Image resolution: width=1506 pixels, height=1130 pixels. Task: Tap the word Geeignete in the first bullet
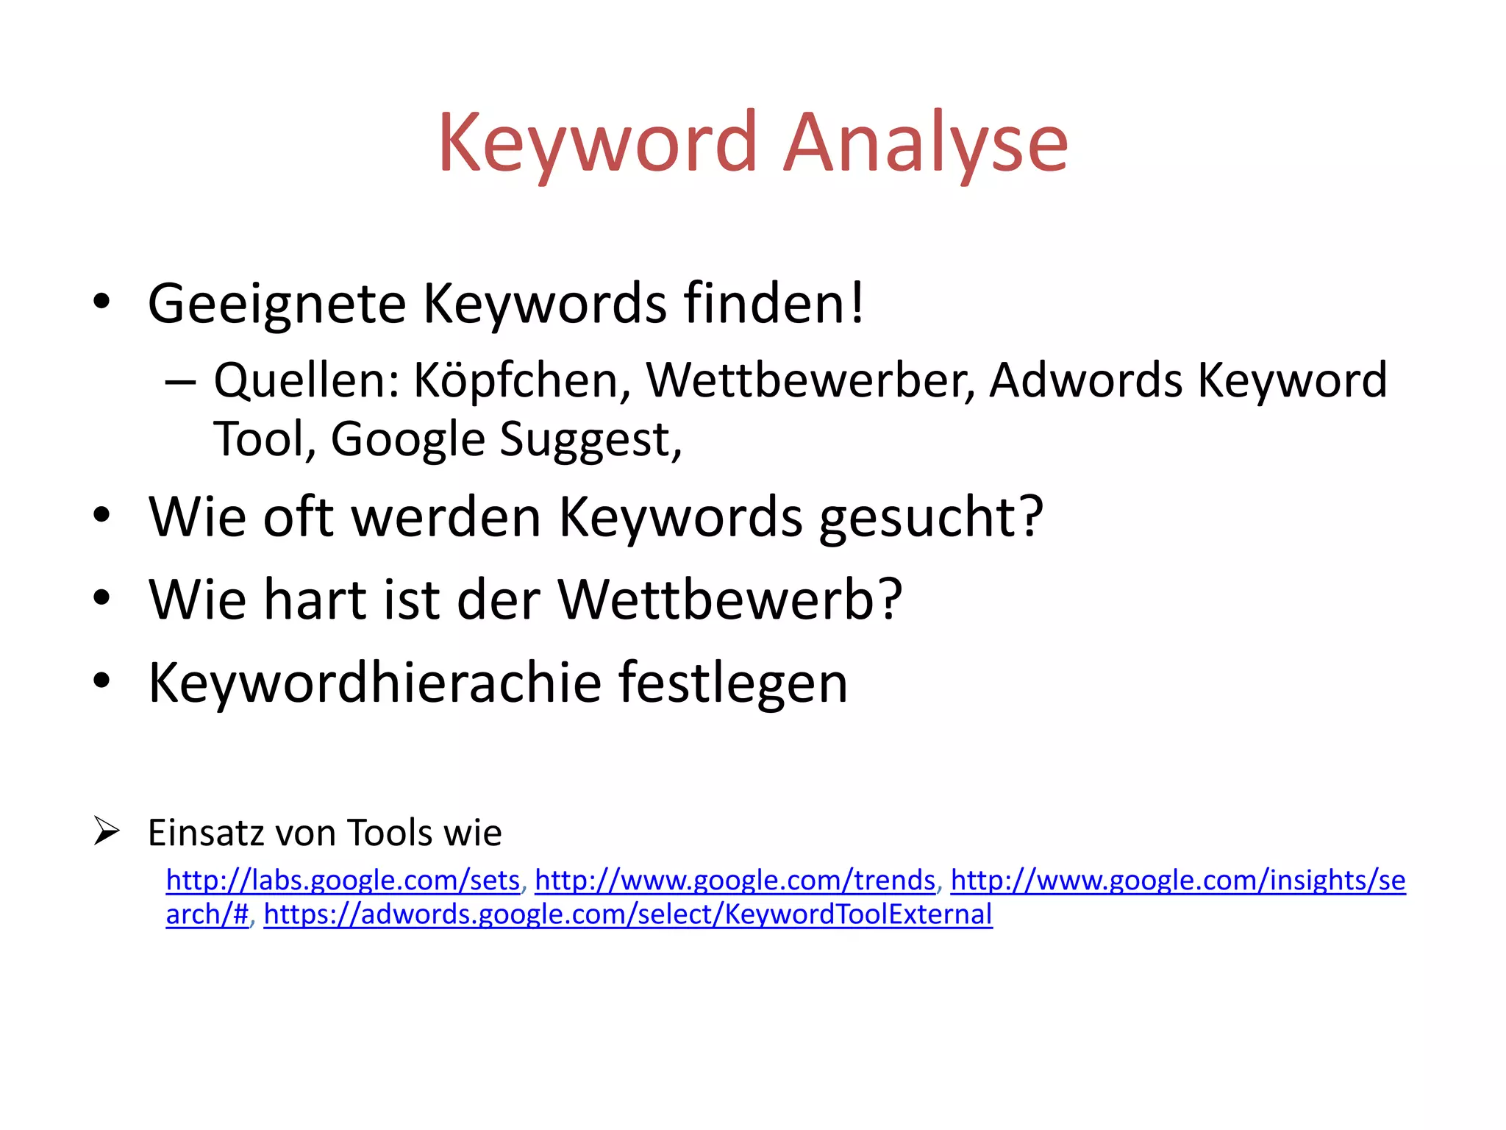276,303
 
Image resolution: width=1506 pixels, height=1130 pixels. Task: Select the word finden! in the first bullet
774,303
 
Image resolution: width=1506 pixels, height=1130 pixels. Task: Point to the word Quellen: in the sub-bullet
307,381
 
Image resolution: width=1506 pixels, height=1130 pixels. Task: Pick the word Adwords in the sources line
1085,381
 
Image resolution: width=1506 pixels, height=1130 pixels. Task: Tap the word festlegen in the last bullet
732,683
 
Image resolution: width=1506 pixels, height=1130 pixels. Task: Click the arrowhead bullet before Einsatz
107,831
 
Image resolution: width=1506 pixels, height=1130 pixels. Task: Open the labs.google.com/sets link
343,880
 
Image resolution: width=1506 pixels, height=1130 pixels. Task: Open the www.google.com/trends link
735,880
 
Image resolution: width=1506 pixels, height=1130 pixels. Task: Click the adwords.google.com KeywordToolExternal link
627,914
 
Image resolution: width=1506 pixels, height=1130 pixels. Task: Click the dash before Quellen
180,382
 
